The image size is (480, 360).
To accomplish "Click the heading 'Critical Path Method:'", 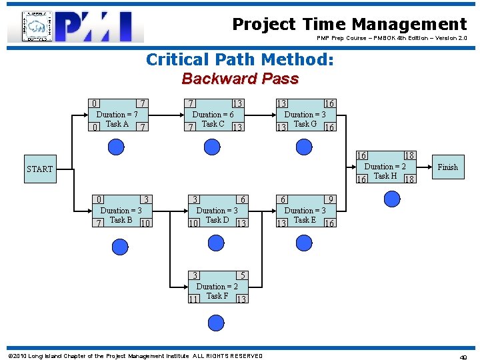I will click(239, 60).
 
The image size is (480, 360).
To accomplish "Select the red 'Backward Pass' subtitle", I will click(240, 79).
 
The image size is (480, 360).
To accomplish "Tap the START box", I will click(39, 169).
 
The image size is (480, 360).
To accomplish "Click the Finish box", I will click(447, 167).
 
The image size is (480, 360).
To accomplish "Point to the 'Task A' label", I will click(117, 124).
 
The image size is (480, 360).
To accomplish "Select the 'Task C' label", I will click(213, 124).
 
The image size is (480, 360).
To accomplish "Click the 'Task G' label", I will click(305, 124).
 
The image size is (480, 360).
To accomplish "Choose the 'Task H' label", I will click(385, 176).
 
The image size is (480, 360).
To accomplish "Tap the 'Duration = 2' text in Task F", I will click(217, 287).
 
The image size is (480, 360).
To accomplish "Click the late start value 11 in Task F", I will click(194, 299).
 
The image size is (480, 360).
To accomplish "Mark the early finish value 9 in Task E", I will click(329, 199).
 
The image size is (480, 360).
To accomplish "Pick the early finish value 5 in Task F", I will click(243, 275).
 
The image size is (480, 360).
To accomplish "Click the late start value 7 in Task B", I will click(99, 223).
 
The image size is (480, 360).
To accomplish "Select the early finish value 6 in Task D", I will click(243, 199).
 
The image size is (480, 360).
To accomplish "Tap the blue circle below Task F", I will click(217, 323).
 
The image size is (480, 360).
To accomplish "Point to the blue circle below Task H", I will click(391, 198).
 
